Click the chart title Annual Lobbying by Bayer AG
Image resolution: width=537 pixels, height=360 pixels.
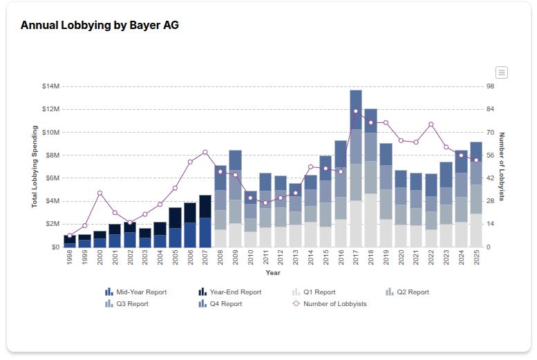100,26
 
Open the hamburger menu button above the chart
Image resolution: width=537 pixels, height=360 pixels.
502,73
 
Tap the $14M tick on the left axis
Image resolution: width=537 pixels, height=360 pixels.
50,86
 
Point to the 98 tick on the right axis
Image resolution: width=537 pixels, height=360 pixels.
491,86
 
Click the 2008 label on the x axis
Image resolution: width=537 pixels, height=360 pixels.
220,258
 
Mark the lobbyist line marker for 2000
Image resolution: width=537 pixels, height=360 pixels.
100,193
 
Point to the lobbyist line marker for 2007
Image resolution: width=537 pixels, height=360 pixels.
205,152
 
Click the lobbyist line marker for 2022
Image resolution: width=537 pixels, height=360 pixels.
431,124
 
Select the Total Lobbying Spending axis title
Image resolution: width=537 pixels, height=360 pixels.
34,167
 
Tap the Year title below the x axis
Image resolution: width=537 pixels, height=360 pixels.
273,273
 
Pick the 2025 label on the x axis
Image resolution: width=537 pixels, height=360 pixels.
476,258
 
